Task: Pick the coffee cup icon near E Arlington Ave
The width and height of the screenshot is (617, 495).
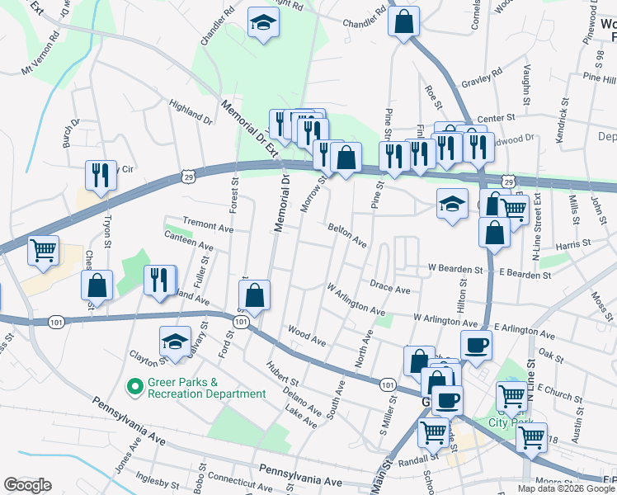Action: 475,345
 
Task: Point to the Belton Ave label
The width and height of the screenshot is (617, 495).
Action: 346,234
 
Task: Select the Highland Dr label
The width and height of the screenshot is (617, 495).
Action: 191,115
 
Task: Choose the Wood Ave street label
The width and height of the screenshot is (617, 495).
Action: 307,335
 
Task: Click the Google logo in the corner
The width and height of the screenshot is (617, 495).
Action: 27,485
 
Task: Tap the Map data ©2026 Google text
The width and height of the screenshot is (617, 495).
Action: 565,488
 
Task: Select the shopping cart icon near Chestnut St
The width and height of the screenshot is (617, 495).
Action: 43,249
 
